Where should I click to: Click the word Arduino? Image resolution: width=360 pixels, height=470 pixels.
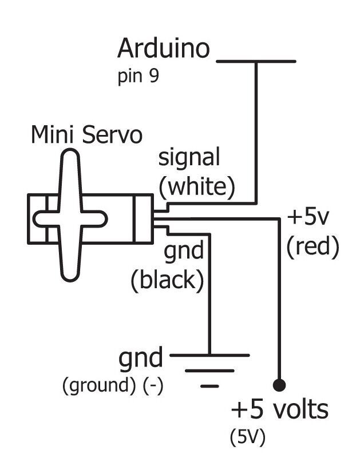(x=164, y=49)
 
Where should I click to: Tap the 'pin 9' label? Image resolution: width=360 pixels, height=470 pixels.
(x=138, y=77)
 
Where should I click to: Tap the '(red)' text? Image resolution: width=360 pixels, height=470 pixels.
(x=313, y=246)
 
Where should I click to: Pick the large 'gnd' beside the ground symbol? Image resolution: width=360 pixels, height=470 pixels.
(x=141, y=359)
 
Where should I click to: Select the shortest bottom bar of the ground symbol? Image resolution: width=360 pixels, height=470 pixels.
(x=210, y=386)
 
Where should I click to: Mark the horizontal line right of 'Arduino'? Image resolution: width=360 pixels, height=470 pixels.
(x=256, y=61)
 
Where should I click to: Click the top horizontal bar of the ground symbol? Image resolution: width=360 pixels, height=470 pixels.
(x=209, y=355)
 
